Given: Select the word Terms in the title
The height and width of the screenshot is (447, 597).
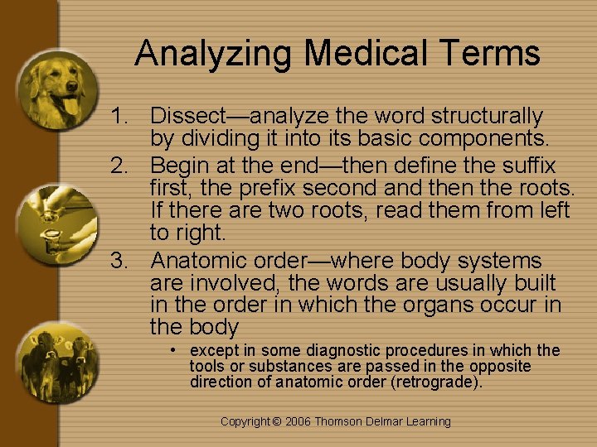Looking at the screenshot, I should [x=495, y=54].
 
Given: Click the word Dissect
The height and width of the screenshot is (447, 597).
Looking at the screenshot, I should [x=185, y=116].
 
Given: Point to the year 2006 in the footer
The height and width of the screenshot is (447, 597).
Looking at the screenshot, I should [x=299, y=421].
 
